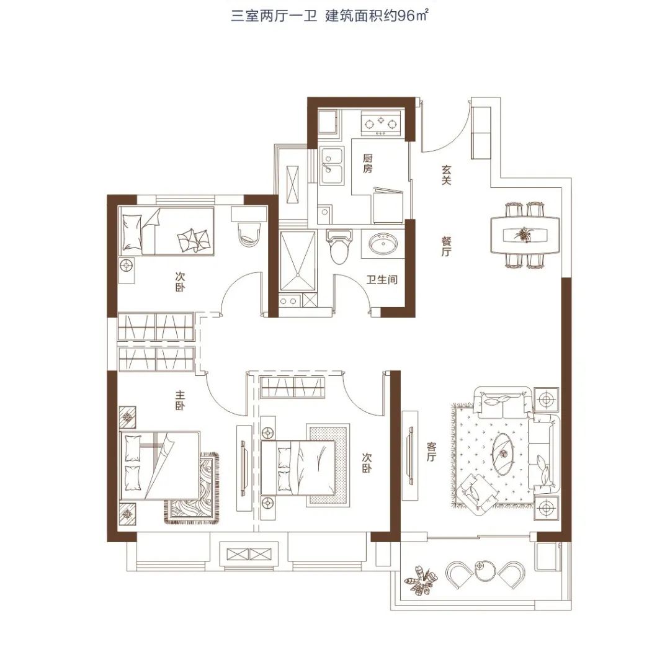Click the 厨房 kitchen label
[367, 164]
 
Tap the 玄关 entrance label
[446, 175]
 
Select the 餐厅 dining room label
[446, 246]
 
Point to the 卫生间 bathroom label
[382, 280]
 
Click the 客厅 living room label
[432, 452]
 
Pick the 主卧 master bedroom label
[180, 400]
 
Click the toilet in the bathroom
[340, 246]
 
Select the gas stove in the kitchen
[381, 123]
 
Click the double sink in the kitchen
[332, 166]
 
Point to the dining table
[525, 235]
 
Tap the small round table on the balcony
[485, 570]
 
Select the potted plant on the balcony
[421, 580]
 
